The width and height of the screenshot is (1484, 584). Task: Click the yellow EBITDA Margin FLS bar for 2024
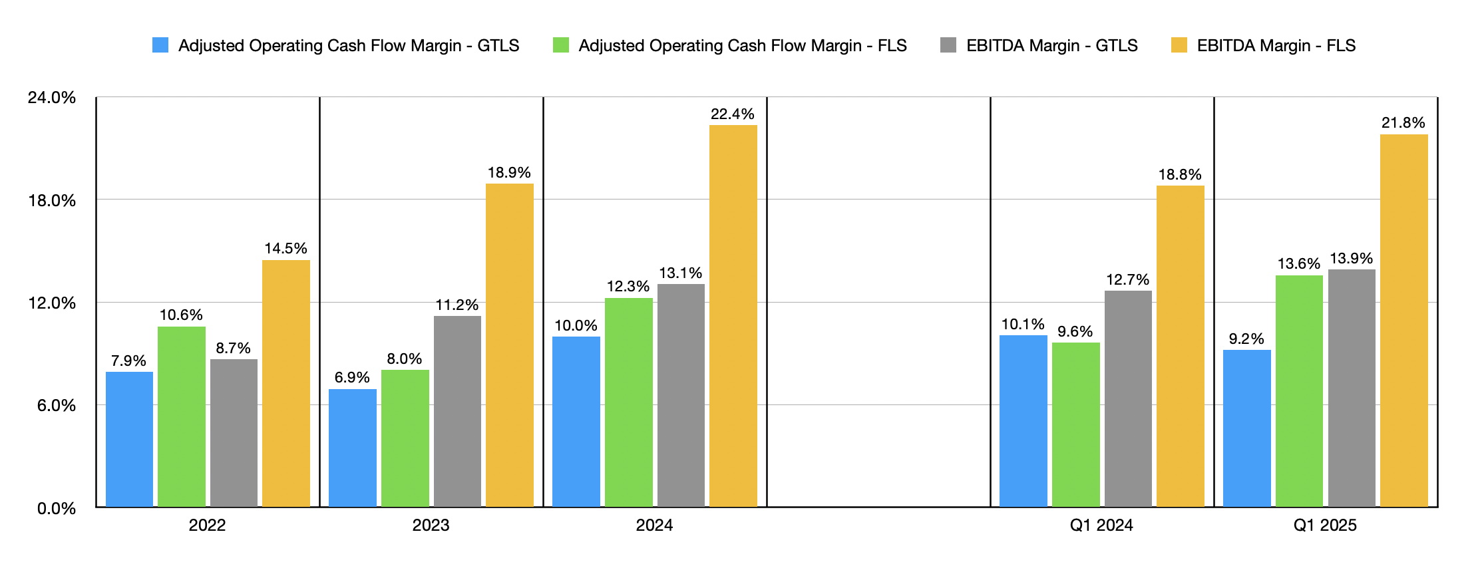coord(733,316)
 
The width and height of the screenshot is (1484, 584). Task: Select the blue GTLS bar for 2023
coord(353,448)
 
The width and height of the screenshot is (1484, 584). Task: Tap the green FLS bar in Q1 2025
coord(1299,391)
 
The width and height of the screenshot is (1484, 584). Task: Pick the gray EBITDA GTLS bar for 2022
coord(234,433)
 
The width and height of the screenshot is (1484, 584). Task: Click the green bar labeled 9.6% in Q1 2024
coord(1075,424)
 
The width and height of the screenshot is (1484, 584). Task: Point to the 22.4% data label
coord(732,114)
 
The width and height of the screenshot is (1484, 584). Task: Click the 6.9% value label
coord(352,378)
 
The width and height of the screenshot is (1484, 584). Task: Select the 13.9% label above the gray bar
coord(1351,259)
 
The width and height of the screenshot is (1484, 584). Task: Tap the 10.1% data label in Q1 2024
coord(1023,325)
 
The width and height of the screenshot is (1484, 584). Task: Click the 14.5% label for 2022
coord(285,249)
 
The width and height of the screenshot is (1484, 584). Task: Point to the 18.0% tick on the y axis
coord(52,200)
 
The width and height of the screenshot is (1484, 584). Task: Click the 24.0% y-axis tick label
coord(52,98)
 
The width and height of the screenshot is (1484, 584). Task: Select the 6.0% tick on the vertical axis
coord(56,406)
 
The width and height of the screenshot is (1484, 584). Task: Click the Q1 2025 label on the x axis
coord(1324,525)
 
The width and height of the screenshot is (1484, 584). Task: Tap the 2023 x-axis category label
coord(431,525)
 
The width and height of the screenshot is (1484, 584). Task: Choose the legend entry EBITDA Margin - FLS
coord(1276,45)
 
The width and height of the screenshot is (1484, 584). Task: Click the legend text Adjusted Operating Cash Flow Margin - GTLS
coord(348,45)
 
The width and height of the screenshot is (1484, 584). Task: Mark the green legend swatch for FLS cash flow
coord(561,45)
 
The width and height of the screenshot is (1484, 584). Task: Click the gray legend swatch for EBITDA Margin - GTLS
coord(948,45)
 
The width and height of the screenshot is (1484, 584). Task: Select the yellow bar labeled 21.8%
coord(1403,321)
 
